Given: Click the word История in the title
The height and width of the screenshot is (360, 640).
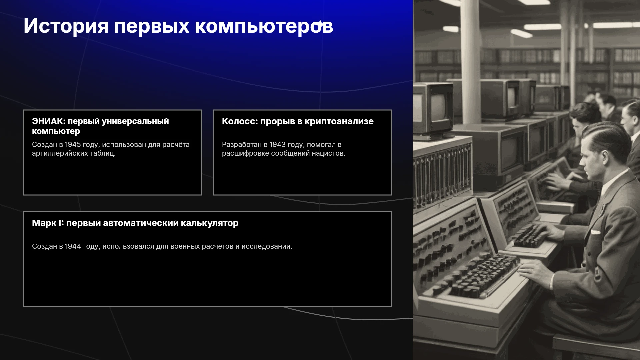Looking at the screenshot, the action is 66,26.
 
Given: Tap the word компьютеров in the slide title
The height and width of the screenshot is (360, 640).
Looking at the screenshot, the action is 264,26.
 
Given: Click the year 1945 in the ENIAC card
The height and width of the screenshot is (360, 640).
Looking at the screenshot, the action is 73,145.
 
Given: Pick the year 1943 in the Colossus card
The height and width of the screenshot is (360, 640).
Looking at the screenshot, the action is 278,145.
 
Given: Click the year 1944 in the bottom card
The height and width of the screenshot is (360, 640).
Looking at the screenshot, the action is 73,246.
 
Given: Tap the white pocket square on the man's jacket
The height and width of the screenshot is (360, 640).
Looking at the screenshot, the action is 595,232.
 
